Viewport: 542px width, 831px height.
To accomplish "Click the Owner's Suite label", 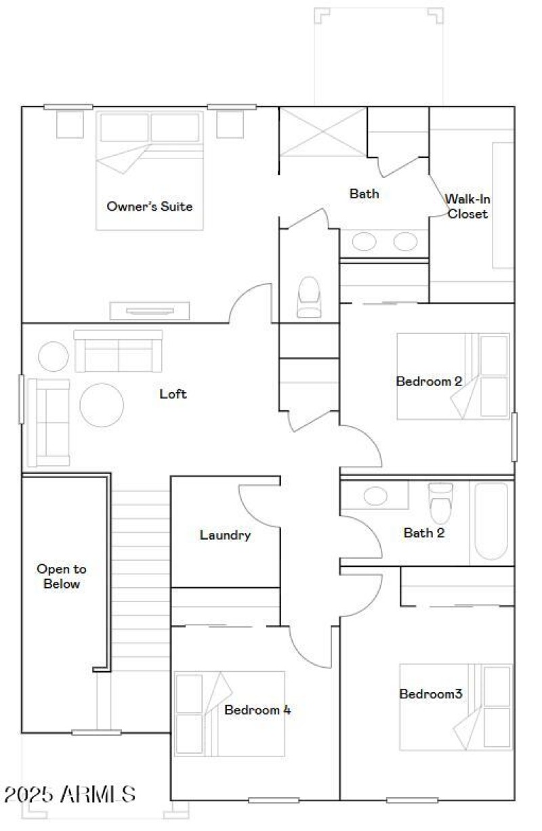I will pyautogui.click(x=149, y=206).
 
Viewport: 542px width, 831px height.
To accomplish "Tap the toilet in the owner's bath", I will pyautogui.click(x=308, y=297).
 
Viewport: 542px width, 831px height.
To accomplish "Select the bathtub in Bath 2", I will pyautogui.click(x=491, y=521).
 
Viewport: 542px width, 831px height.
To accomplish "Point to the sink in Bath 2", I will pyautogui.click(x=375, y=496).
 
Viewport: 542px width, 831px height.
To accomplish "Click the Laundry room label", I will pyautogui.click(x=225, y=535).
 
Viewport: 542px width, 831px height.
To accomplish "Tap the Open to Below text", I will pyautogui.click(x=62, y=576).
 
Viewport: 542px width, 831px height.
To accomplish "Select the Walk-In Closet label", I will pyautogui.click(x=466, y=207).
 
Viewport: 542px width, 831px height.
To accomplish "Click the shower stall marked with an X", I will pyautogui.click(x=323, y=131).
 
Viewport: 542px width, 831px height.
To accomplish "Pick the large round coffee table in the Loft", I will pyautogui.click(x=102, y=405).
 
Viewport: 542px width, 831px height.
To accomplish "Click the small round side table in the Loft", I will pyautogui.click(x=53, y=356).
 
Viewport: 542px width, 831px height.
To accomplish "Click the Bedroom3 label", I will pyautogui.click(x=430, y=694).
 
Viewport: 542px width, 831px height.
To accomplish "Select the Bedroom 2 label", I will pyautogui.click(x=429, y=381).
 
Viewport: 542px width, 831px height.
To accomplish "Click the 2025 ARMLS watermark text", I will pyautogui.click(x=70, y=794).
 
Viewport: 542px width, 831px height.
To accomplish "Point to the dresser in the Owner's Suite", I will pyautogui.click(x=150, y=311).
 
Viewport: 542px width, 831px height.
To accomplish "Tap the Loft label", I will pyautogui.click(x=173, y=393).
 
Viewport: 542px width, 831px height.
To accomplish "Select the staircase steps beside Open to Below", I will pyautogui.click(x=140, y=576).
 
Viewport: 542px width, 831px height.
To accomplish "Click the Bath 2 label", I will pyautogui.click(x=424, y=533).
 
